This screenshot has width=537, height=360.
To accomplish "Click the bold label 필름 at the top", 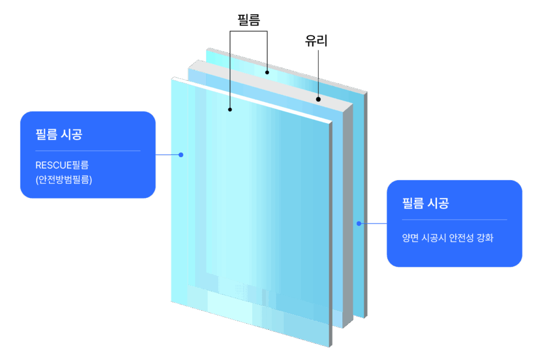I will point(249,19).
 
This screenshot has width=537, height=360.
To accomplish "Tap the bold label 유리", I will point(316,41).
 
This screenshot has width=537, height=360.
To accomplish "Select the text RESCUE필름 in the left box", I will point(62,165).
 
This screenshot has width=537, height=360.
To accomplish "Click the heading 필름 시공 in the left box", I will point(59,135).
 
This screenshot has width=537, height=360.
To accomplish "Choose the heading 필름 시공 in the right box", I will point(425,203).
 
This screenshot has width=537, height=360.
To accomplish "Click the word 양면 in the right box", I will point(410,238).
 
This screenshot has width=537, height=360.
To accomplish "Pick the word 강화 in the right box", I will point(486,238).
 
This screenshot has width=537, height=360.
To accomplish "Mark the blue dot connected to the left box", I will point(181,155).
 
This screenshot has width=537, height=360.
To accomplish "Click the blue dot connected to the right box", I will point(359,223).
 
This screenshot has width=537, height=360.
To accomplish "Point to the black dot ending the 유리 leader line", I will point(318,99).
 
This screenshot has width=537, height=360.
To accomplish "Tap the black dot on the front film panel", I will point(230,110).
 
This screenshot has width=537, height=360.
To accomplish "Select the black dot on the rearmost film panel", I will point(267,72).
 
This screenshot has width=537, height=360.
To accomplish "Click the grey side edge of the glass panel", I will point(348,210).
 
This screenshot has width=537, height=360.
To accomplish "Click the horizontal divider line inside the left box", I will point(88,151).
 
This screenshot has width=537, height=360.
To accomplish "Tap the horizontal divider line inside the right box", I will point(454,220).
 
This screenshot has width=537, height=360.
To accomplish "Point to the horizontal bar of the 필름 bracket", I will point(249,31).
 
